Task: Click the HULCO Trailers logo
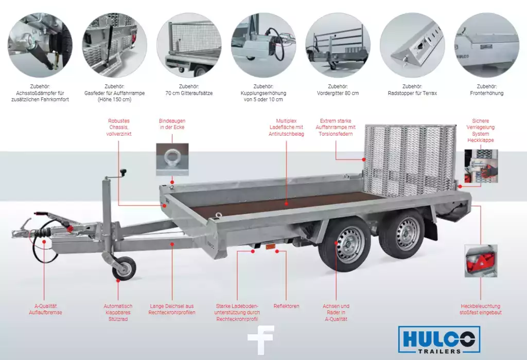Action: (x=439, y=339)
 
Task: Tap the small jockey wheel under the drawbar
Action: (x=125, y=268)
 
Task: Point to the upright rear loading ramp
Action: (x=410, y=160)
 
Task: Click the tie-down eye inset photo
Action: (x=172, y=159)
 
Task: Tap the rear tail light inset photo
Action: (x=481, y=261)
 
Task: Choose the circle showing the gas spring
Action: (x=115, y=45)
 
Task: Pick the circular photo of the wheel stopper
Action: (x=412, y=45)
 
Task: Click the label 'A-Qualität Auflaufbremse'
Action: (x=45, y=309)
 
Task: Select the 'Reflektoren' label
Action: (x=286, y=306)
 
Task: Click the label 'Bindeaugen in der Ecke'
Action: (x=172, y=124)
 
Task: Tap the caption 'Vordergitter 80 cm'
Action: (x=338, y=93)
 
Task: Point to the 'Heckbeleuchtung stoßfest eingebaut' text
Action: (x=481, y=309)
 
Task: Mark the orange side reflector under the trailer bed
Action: (x=271, y=246)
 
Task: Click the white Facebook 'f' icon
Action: (x=261, y=340)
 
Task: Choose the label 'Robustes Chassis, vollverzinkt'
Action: (x=119, y=127)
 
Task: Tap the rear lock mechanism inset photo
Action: (x=481, y=167)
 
